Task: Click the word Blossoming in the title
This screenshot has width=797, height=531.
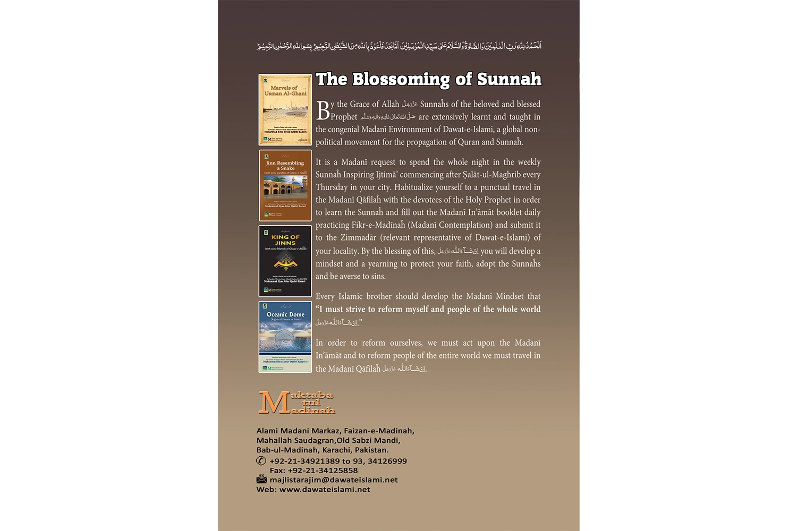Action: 401,80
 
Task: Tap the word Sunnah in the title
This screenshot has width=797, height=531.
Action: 509,80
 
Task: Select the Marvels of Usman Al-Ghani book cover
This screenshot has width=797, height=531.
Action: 285,109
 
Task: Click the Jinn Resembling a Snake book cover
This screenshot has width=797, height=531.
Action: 285,185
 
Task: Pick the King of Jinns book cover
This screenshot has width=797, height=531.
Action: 285,261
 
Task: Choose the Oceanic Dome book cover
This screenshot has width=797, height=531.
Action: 285,337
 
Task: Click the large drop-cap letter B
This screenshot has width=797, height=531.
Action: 323,110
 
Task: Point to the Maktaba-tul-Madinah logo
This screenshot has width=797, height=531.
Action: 296,402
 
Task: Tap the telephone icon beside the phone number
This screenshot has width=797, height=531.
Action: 261,461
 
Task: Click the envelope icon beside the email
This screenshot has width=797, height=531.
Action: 261,479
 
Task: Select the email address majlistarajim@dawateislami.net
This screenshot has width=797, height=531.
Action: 334,480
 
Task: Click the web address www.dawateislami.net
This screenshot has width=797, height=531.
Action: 325,490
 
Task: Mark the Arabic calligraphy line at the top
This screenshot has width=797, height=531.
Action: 399,46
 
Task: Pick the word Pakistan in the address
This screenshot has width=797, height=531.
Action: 371,450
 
